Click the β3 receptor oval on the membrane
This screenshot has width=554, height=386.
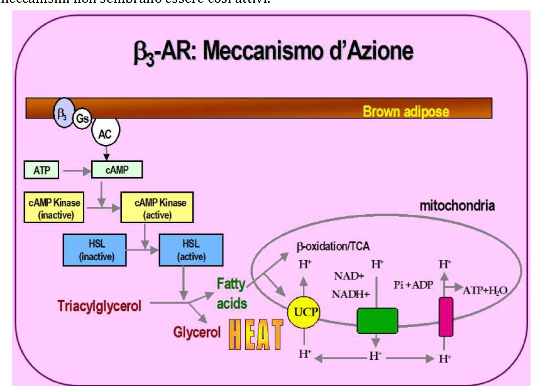(63, 113)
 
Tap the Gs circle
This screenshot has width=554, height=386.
(82, 119)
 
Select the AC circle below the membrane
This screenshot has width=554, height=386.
(105, 133)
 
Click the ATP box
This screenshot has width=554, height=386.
(41, 170)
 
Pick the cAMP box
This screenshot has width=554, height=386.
(117, 170)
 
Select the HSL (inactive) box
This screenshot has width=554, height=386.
(95, 250)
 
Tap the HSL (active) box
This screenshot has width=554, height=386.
(191, 250)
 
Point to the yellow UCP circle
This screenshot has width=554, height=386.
(304, 312)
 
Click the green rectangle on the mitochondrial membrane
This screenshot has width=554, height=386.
(377, 320)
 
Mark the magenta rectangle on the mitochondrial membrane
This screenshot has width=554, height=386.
(446, 317)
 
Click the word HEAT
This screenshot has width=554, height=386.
(256, 334)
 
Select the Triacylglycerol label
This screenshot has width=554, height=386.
(99, 306)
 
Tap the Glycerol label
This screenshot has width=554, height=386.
(197, 332)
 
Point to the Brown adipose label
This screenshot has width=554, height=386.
(406, 111)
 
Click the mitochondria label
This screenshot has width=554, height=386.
(457, 205)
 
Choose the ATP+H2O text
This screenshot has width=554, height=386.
(485, 290)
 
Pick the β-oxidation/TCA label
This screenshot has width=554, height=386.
(333, 246)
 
